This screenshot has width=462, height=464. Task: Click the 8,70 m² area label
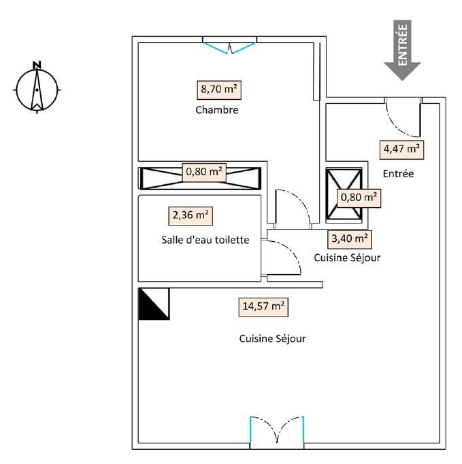click(219, 90)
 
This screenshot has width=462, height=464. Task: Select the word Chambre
click(217, 110)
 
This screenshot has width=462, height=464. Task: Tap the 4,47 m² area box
click(401, 149)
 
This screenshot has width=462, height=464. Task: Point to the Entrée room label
click(398, 174)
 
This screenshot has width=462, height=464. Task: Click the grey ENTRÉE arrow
click(402, 50)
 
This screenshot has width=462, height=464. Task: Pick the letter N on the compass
click(37, 65)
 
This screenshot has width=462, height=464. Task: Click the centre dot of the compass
click(37, 90)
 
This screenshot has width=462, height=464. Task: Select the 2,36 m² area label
click(191, 216)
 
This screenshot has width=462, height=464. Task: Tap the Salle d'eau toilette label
click(205, 240)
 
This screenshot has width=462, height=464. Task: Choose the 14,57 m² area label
click(263, 307)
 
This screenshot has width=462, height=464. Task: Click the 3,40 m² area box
click(350, 239)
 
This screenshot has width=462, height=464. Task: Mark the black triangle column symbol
click(154, 304)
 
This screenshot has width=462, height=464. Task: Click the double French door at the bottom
click(277, 432)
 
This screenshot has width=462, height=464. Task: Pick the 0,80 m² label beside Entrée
click(359, 198)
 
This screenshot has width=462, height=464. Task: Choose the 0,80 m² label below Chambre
click(204, 173)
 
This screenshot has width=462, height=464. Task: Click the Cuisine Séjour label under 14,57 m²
click(272, 338)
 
